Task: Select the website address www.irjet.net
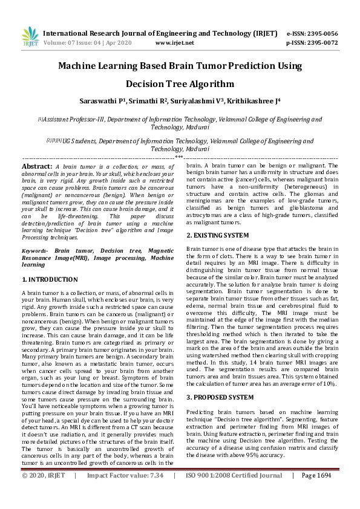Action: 174,44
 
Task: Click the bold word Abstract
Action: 36,166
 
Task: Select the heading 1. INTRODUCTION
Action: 50,280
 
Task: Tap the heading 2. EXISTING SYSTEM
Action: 217,235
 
